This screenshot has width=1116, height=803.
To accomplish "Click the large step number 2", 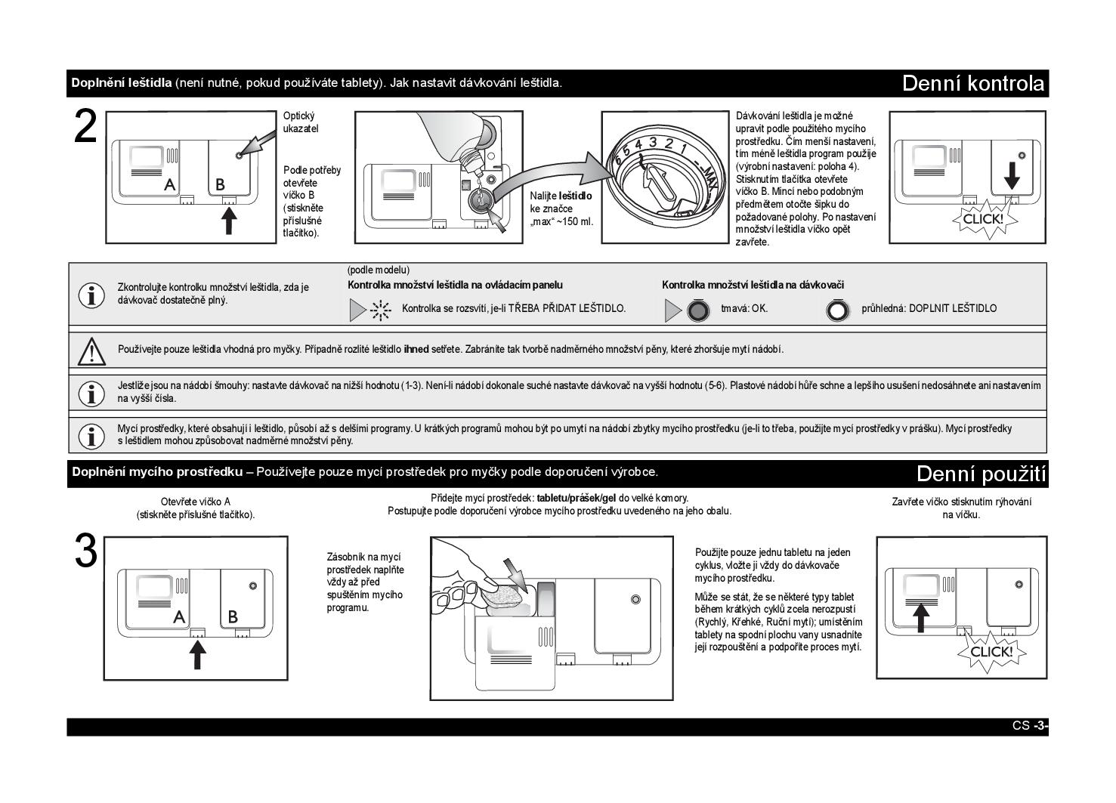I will (x=86, y=128).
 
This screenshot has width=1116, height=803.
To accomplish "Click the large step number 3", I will (x=86, y=551).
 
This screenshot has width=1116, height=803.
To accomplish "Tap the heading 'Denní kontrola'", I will (x=973, y=83).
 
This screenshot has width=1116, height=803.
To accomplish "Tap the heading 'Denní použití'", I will (x=981, y=474).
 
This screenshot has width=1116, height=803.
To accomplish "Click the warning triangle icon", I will (x=91, y=351).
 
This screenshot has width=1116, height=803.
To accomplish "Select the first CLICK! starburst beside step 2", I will (x=982, y=219).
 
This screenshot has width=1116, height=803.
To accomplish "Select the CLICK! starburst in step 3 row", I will (x=991, y=651).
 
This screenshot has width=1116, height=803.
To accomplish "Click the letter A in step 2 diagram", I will (x=170, y=184).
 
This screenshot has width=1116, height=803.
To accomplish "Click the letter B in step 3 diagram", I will (x=233, y=617).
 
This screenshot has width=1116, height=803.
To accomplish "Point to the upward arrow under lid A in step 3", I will (x=197, y=654).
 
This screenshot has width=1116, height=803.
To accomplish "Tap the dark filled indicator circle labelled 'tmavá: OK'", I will (x=698, y=310).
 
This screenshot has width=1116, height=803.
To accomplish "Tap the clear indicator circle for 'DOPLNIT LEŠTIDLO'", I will (x=836, y=310).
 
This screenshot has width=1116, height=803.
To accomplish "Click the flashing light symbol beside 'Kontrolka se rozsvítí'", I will (x=381, y=310).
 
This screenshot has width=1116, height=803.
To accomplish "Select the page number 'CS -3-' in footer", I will (x=1030, y=726).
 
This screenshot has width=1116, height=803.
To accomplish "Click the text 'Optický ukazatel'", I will (x=301, y=122).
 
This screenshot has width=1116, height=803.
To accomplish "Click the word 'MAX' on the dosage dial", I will (x=707, y=181).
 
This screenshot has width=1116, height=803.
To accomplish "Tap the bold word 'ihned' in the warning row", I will (x=416, y=349).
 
